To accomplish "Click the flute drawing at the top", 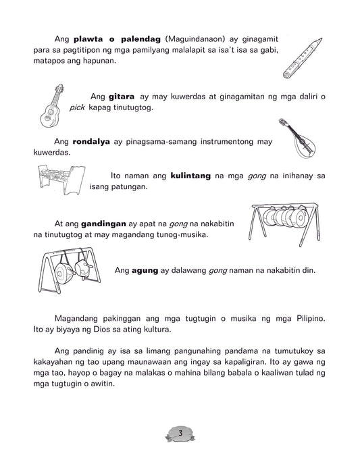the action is coord(303,58).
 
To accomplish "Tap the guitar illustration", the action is coord(52,106).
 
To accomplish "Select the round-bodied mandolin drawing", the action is coord(299,138).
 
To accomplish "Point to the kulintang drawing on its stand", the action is coord(61,180).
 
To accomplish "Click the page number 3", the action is coord(180,433).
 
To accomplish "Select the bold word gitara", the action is coord(122,97).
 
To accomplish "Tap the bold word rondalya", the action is coord(91,141).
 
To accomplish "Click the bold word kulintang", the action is coord(190,176).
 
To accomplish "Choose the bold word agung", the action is coord(145,270).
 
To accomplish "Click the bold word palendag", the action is coord(141,39).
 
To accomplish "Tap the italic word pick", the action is coord(77,107).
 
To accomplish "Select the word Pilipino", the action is coord(311,319).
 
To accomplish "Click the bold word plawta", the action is coord(88,39).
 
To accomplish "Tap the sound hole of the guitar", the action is coord(50,112).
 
